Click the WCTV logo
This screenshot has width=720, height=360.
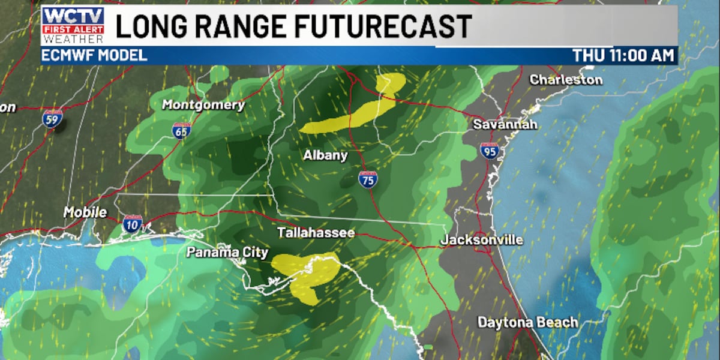pyautogui.click(x=73, y=25)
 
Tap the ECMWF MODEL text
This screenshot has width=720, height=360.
pyautogui.click(x=94, y=56)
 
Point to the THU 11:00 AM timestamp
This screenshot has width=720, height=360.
pyautogui.click(x=624, y=56)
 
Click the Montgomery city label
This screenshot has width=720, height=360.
pyautogui.click(x=204, y=105)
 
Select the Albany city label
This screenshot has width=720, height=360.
pyautogui.click(x=325, y=155)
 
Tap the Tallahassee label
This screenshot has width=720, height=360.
pyautogui.click(x=316, y=232)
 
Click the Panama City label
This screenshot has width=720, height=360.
pyautogui.click(x=227, y=252)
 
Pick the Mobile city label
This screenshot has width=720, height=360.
pyautogui.click(x=85, y=212)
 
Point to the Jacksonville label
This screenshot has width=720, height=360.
pyautogui.click(x=482, y=240)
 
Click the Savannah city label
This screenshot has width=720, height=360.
pyautogui.click(x=505, y=125)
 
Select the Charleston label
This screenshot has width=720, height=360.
pyautogui.click(x=566, y=79)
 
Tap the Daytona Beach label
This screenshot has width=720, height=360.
pyautogui.click(x=527, y=322)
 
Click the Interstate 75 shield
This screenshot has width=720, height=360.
pyautogui.click(x=368, y=179)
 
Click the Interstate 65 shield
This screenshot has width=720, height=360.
pyautogui.click(x=181, y=130)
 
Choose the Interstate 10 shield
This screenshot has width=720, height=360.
pyautogui.click(x=133, y=224)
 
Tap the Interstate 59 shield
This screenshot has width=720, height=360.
pyautogui.click(x=52, y=118)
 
